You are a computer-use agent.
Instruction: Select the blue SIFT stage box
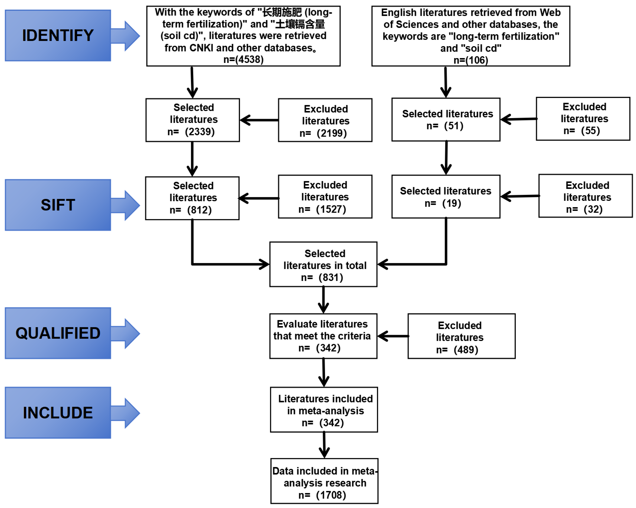click(58, 205)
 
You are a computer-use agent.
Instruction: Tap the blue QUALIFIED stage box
click(58, 333)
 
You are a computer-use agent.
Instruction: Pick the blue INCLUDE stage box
click(58, 412)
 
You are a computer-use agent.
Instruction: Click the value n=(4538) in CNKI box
click(243, 60)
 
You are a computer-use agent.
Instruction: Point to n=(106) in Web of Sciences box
click(471, 60)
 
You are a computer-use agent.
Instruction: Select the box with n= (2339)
click(193, 120)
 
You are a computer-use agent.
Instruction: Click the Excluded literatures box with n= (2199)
click(325, 120)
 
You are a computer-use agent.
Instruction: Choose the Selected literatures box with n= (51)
click(446, 120)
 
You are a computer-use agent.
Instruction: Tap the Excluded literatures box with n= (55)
click(583, 119)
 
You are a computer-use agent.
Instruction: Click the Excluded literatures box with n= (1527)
click(325, 197)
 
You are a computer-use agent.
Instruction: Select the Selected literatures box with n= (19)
click(446, 197)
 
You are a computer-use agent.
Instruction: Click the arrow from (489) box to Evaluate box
click(393, 336)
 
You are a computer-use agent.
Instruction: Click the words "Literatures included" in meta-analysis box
click(325, 399)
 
